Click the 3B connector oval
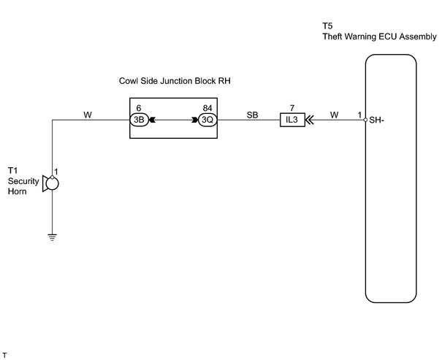[x=139, y=120]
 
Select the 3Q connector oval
[x=207, y=120]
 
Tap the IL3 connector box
[x=292, y=120]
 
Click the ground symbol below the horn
[x=52, y=237]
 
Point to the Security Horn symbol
[x=50, y=184]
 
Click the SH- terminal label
[x=376, y=120]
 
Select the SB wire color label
[x=252, y=115]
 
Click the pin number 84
[x=207, y=108]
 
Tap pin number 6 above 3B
[x=139, y=108]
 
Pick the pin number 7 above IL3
[x=292, y=108]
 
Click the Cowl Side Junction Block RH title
[x=175, y=81]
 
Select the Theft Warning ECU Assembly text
[x=379, y=37]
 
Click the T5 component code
[x=327, y=26]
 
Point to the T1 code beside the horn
[x=12, y=170]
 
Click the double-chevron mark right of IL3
[x=310, y=120]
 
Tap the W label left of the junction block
[x=88, y=115]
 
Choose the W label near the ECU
[x=335, y=115]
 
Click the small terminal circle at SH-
[x=365, y=120]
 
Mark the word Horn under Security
[x=18, y=191]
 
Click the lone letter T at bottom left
[x=4, y=355]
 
